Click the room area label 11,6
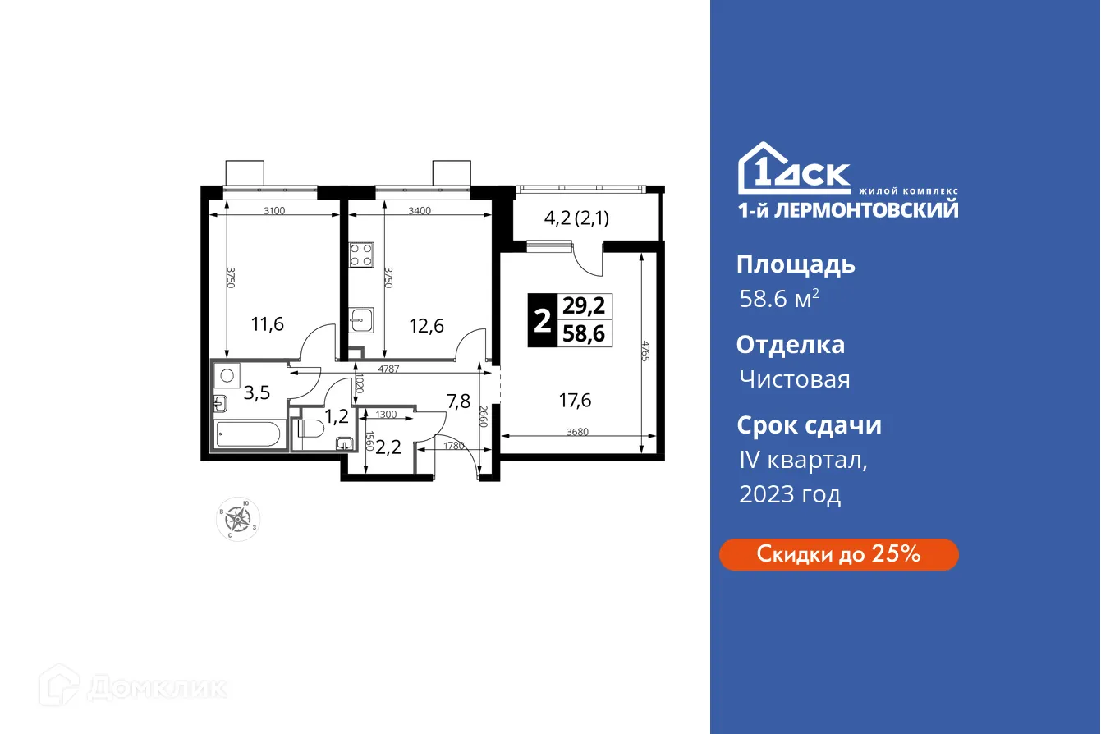coord(268,324)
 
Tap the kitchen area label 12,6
coord(427,326)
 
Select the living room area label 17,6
coord(575,401)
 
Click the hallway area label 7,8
coord(457,401)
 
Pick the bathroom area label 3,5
coord(256,392)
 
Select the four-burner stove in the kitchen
coord(361,255)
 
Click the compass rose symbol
coord(239,519)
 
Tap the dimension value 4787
coord(389,369)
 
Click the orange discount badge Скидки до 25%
coord(838,554)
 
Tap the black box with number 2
coord(542,320)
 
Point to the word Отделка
coord(790,345)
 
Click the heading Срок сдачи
coord(809,425)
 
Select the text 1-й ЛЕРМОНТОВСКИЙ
coord(846,209)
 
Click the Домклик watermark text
coord(156,687)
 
